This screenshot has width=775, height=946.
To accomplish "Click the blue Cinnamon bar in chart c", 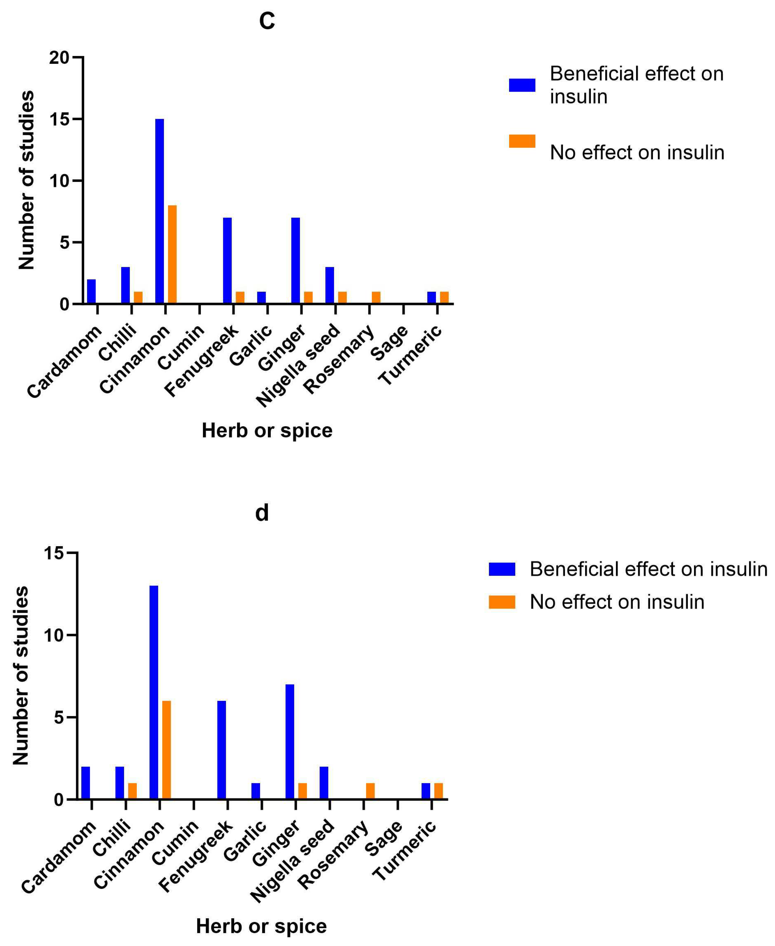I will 159,211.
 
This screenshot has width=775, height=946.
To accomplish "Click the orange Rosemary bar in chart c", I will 376,298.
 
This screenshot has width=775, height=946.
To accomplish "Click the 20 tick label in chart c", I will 59,58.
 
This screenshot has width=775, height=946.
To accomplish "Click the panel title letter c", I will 267,21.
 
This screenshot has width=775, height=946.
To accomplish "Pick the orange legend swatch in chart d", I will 502,602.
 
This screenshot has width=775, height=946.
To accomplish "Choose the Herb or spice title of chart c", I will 267,430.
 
